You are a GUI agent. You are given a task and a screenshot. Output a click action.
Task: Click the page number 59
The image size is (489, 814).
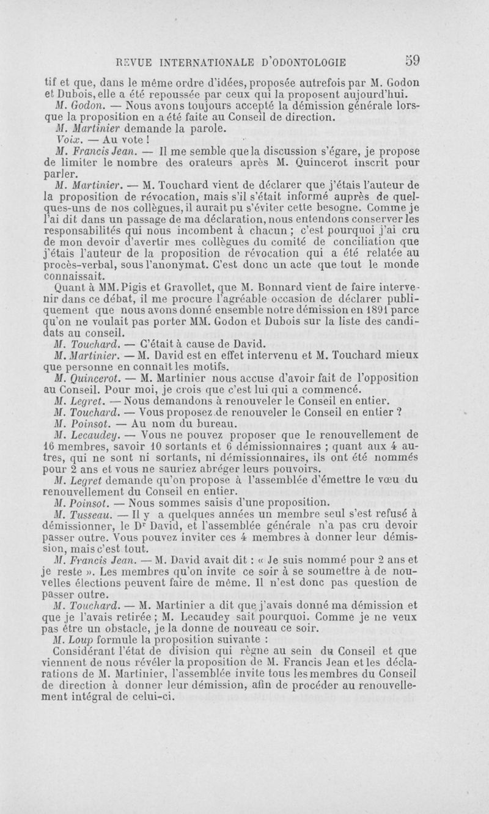pos(413,61)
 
